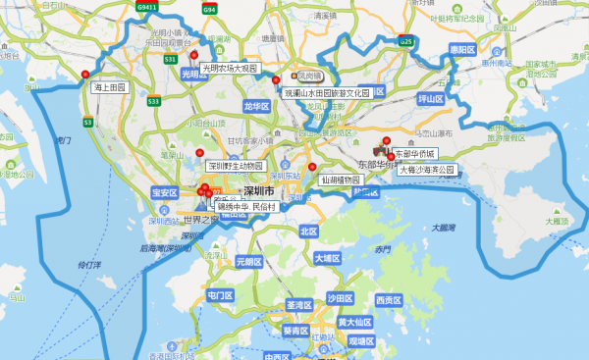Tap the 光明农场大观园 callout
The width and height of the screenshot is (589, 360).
point(229,69)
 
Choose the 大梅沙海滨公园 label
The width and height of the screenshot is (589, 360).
point(427,170)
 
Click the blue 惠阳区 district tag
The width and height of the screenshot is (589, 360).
point(461,48)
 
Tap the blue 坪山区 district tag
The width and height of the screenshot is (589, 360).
point(431,99)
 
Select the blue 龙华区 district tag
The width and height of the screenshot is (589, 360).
point(255,105)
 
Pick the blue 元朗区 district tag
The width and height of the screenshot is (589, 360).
point(248,262)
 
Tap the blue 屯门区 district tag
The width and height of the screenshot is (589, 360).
point(219,295)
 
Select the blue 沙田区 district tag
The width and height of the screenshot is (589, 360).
point(340,298)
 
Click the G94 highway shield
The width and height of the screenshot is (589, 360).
point(209,9)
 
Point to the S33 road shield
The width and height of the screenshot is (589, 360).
point(154,100)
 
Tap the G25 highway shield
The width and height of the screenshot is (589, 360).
point(406,42)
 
